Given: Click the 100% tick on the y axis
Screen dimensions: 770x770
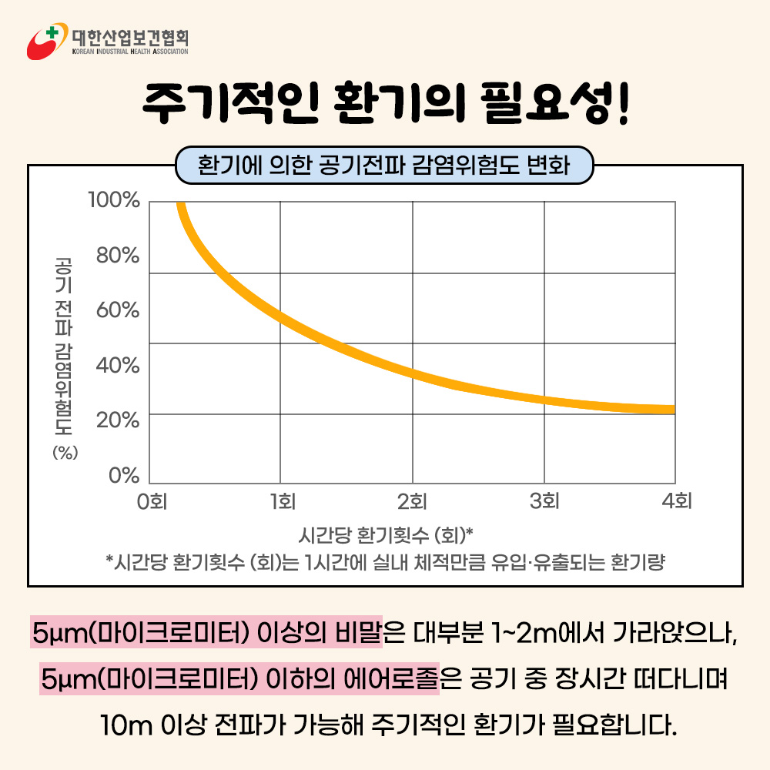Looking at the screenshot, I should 114,201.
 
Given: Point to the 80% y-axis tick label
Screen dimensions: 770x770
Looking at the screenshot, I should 117,256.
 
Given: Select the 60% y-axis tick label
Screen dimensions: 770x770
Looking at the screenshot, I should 117,310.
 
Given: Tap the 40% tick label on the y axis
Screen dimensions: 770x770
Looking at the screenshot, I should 117,366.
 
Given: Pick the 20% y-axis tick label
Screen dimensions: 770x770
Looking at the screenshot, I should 117,420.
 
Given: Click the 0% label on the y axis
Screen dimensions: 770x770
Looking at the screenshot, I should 123,475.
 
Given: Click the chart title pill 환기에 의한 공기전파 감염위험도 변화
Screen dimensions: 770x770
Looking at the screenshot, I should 384,166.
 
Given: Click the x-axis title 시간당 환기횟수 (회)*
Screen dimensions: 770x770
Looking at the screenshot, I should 385,534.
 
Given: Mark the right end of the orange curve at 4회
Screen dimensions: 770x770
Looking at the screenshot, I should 672,410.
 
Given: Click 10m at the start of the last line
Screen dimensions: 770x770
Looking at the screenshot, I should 120,725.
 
